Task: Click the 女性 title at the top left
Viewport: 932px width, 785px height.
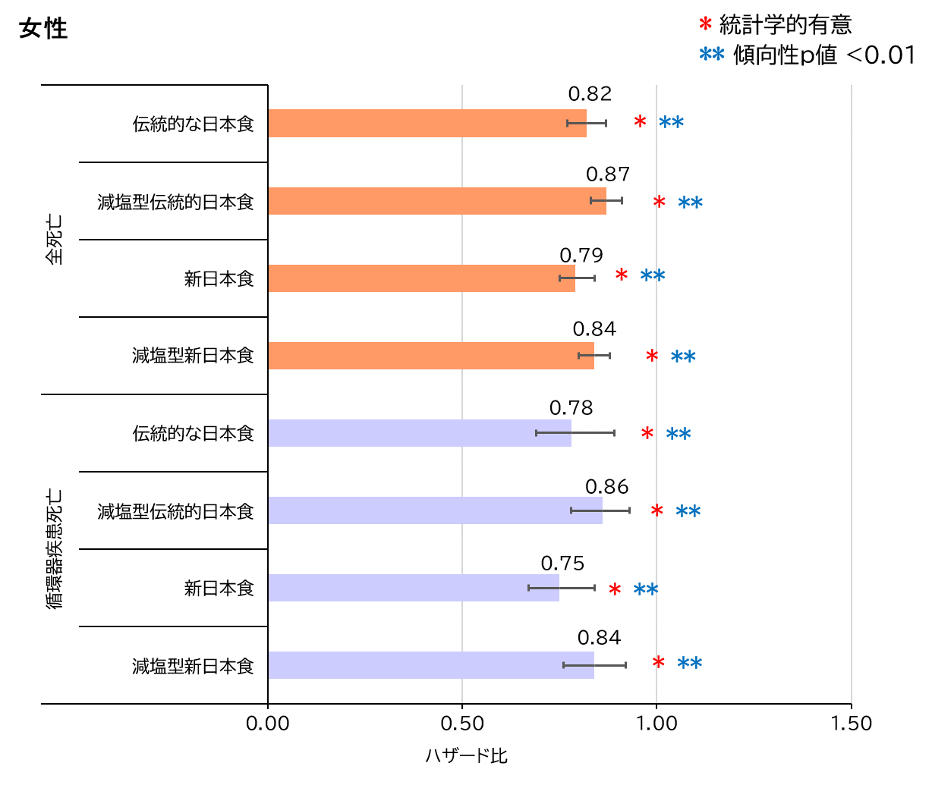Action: (x=43, y=29)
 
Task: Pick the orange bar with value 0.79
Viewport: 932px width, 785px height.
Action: (x=421, y=278)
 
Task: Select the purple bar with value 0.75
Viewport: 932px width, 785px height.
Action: (x=414, y=588)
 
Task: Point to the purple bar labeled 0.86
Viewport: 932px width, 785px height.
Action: (x=435, y=510)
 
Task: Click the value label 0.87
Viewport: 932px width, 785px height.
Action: (x=608, y=174)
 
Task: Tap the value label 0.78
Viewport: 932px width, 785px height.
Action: (x=571, y=408)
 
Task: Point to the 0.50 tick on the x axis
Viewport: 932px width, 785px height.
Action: (x=461, y=724)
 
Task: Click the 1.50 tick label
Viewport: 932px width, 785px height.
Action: (x=851, y=724)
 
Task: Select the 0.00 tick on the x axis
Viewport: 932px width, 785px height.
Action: (x=268, y=724)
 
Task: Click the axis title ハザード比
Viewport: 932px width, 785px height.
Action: (x=466, y=756)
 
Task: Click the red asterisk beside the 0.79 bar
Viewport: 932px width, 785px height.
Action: (x=622, y=276)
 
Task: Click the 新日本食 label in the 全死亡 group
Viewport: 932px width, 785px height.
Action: (x=219, y=279)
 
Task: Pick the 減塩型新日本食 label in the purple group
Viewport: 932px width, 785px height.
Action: (x=193, y=666)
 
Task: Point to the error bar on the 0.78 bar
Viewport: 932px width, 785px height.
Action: (x=575, y=433)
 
